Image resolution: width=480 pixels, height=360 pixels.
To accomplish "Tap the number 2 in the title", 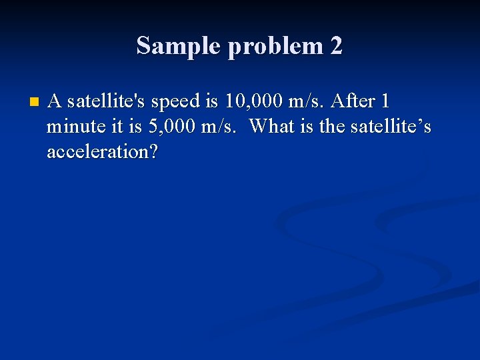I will click(335, 46).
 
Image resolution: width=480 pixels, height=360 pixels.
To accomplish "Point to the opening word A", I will click(55, 101).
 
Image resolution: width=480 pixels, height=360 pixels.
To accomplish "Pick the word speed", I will click(176, 101).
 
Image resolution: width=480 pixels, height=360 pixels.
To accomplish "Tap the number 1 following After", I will click(385, 101).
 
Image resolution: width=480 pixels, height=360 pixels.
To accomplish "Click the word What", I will click(273, 127).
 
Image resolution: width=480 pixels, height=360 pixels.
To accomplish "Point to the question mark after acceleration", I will click(154, 152).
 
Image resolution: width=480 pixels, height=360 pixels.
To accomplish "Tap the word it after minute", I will click(109, 127).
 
